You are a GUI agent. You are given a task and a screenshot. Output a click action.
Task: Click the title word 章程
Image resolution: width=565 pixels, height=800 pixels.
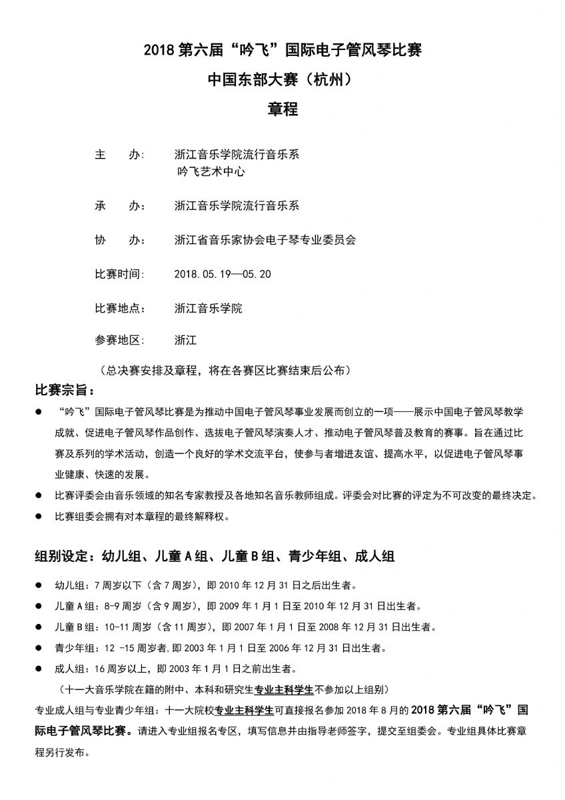(282, 109)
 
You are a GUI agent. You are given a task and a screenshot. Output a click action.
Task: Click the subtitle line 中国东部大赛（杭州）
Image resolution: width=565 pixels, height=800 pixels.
(282, 79)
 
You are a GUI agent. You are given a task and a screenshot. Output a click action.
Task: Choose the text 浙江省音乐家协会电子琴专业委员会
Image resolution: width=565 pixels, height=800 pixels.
(265, 240)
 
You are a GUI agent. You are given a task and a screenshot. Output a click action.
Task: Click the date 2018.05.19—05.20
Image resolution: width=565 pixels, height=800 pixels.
(222, 274)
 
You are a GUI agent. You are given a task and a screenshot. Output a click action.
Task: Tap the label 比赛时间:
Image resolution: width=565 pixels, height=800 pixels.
(120, 274)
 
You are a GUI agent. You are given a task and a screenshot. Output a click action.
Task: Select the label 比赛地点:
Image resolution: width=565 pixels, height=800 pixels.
(120, 309)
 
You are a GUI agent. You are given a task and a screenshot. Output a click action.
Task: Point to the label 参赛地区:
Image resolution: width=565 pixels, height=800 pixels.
(120, 340)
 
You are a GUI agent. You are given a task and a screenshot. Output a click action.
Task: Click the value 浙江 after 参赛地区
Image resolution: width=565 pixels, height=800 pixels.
(185, 340)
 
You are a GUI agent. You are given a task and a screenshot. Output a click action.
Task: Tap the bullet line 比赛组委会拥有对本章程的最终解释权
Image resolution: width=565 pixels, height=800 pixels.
(144, 516)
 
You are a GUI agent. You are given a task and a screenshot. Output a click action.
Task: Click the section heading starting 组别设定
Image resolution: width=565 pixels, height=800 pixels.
(215, 556)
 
